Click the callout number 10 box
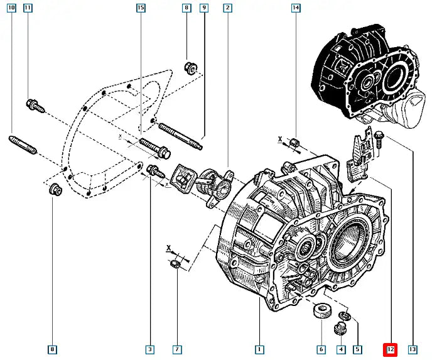pos(11,8)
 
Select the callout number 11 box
pos(28,8)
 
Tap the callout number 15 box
pos(141,8)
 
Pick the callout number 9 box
pos(204,8)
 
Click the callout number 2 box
pos(227,8)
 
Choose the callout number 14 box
pos(296,8)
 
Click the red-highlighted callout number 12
pos(390,349)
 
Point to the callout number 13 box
pos(413,349)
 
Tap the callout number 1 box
pos(258,349)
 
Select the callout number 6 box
pos(321,349)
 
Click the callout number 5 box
pos(358,349)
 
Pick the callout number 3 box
pos(150,349)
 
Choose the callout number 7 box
pos(178,349)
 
